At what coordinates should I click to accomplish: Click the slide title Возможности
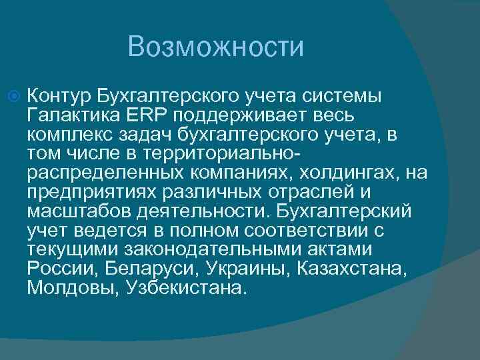click(x=216, y=47)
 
